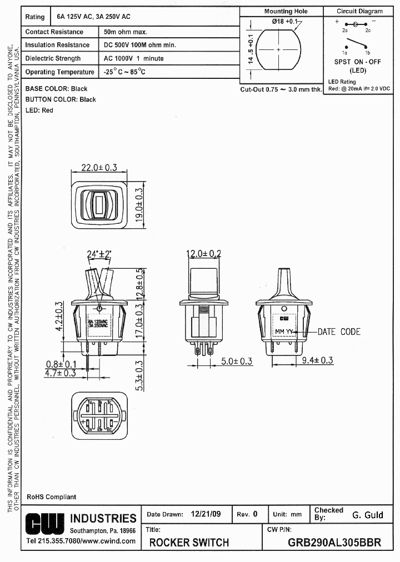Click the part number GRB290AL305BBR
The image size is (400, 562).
[334, 543]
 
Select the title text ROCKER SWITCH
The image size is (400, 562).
[189, 543]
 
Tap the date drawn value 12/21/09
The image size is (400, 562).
[206, 514]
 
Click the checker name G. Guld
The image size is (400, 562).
[368, 515]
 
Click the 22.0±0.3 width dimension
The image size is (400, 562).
[99, 167]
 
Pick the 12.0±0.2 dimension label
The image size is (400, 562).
[203, 254]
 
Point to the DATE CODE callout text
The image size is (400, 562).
[339, 332]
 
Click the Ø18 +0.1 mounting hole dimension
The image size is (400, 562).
[284, 21]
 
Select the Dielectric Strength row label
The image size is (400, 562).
[53, 58]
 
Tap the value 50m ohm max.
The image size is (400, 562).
[126, 32]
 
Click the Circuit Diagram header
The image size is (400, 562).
[359, 11]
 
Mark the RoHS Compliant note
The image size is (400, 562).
[52, 496]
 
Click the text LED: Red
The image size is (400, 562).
[39, 111]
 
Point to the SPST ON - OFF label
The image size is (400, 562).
[357, 62]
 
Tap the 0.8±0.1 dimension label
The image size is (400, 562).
[62, 364]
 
